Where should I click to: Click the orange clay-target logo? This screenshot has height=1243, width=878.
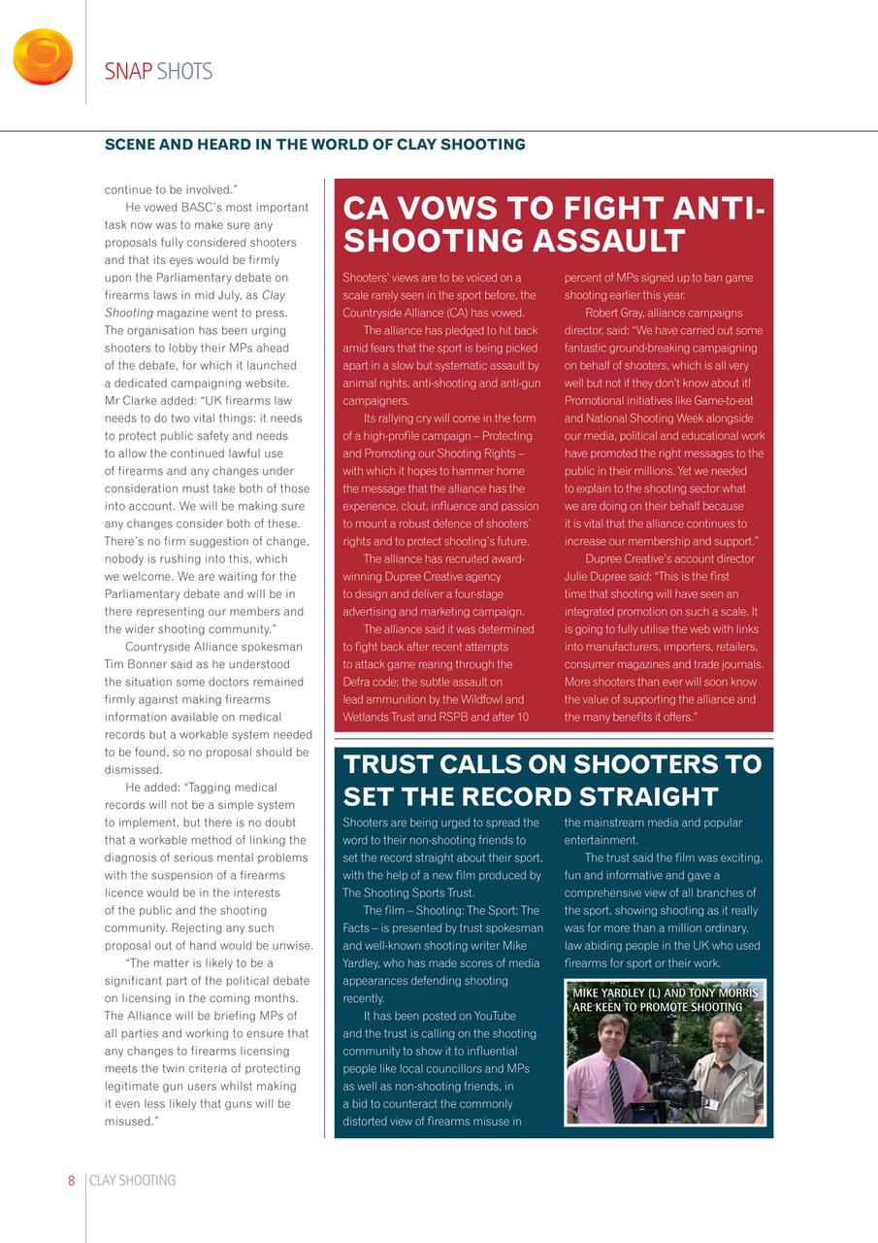[43, 56]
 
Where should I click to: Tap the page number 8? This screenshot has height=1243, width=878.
[72, 1181]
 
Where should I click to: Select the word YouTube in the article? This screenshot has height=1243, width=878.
[487, 1016]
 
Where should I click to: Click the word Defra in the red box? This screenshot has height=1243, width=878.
[358, 682]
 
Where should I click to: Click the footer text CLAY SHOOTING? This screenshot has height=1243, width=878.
[133, 1181]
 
